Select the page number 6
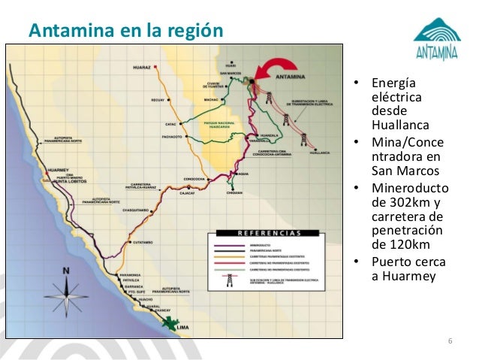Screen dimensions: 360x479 [450, 343]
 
